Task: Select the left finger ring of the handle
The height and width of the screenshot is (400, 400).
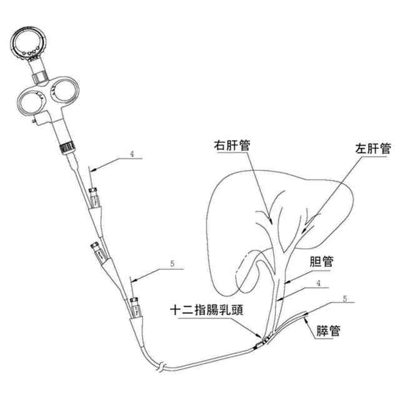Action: click(x=29, y=100)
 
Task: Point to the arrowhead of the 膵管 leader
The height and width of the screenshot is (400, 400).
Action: click(x=304, y=316)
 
